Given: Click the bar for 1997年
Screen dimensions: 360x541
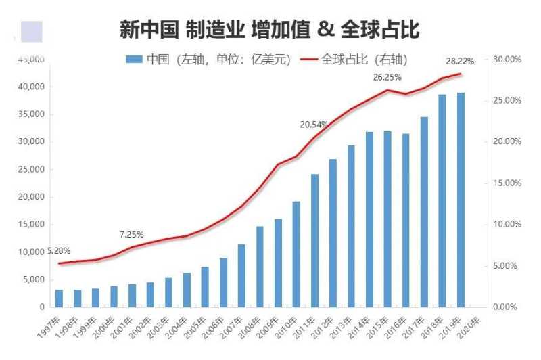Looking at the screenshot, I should coord(60,298).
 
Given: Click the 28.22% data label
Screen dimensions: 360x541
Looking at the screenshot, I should coord(460,61).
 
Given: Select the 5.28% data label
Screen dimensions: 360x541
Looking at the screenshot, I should coord(59,251).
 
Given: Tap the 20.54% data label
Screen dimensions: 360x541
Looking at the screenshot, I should coord(314,125).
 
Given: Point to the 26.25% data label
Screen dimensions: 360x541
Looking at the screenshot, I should coord(387,77).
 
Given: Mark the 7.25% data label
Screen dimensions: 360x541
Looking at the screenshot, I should coord(132,235).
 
